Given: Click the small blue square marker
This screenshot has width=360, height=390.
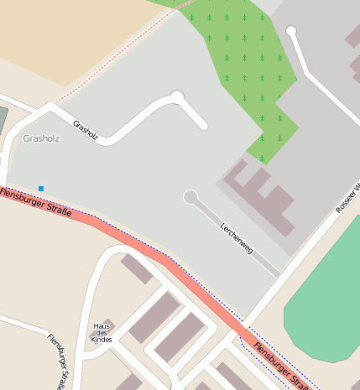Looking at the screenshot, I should (x=40, y=188).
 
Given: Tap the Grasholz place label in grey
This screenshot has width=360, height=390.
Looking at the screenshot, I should (x=42, y=138).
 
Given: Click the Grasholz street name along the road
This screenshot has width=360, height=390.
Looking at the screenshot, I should (x=86, y=130).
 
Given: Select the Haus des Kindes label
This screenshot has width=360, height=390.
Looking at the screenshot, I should (x=102, y=333).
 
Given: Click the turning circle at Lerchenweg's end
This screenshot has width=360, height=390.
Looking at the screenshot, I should (x=190, y=198).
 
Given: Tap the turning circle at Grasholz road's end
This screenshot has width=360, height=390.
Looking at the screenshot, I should (x=177, y=96).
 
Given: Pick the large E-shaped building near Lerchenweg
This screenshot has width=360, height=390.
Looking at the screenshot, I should (x=260, y=197).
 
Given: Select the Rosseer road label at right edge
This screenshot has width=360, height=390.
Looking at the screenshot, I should (x=347, y=197).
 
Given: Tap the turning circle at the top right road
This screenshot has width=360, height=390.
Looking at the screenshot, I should (x=291, y=31).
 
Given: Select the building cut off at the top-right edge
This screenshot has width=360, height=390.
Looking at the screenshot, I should (x=353, y=35).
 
